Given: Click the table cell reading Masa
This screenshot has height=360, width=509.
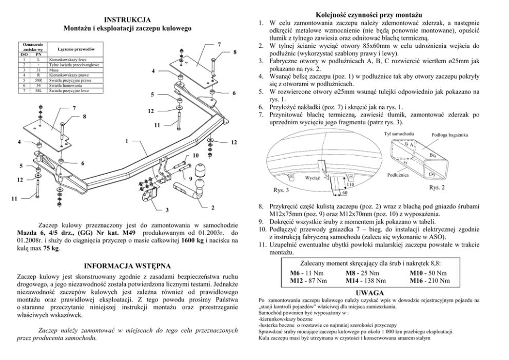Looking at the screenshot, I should tap(53, 71).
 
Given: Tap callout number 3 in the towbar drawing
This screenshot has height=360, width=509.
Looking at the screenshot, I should tap(167, 210).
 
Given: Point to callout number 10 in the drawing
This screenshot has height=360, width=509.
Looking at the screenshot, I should tap(195, 155).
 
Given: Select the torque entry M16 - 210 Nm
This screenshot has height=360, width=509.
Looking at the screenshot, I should tap(430, 280).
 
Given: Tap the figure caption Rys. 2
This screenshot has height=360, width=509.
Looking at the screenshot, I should tap(437, 187).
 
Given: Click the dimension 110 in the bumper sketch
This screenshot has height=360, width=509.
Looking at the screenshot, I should tap(350, 184).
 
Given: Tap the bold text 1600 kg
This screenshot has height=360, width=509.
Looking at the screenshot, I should tap(192, 240).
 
